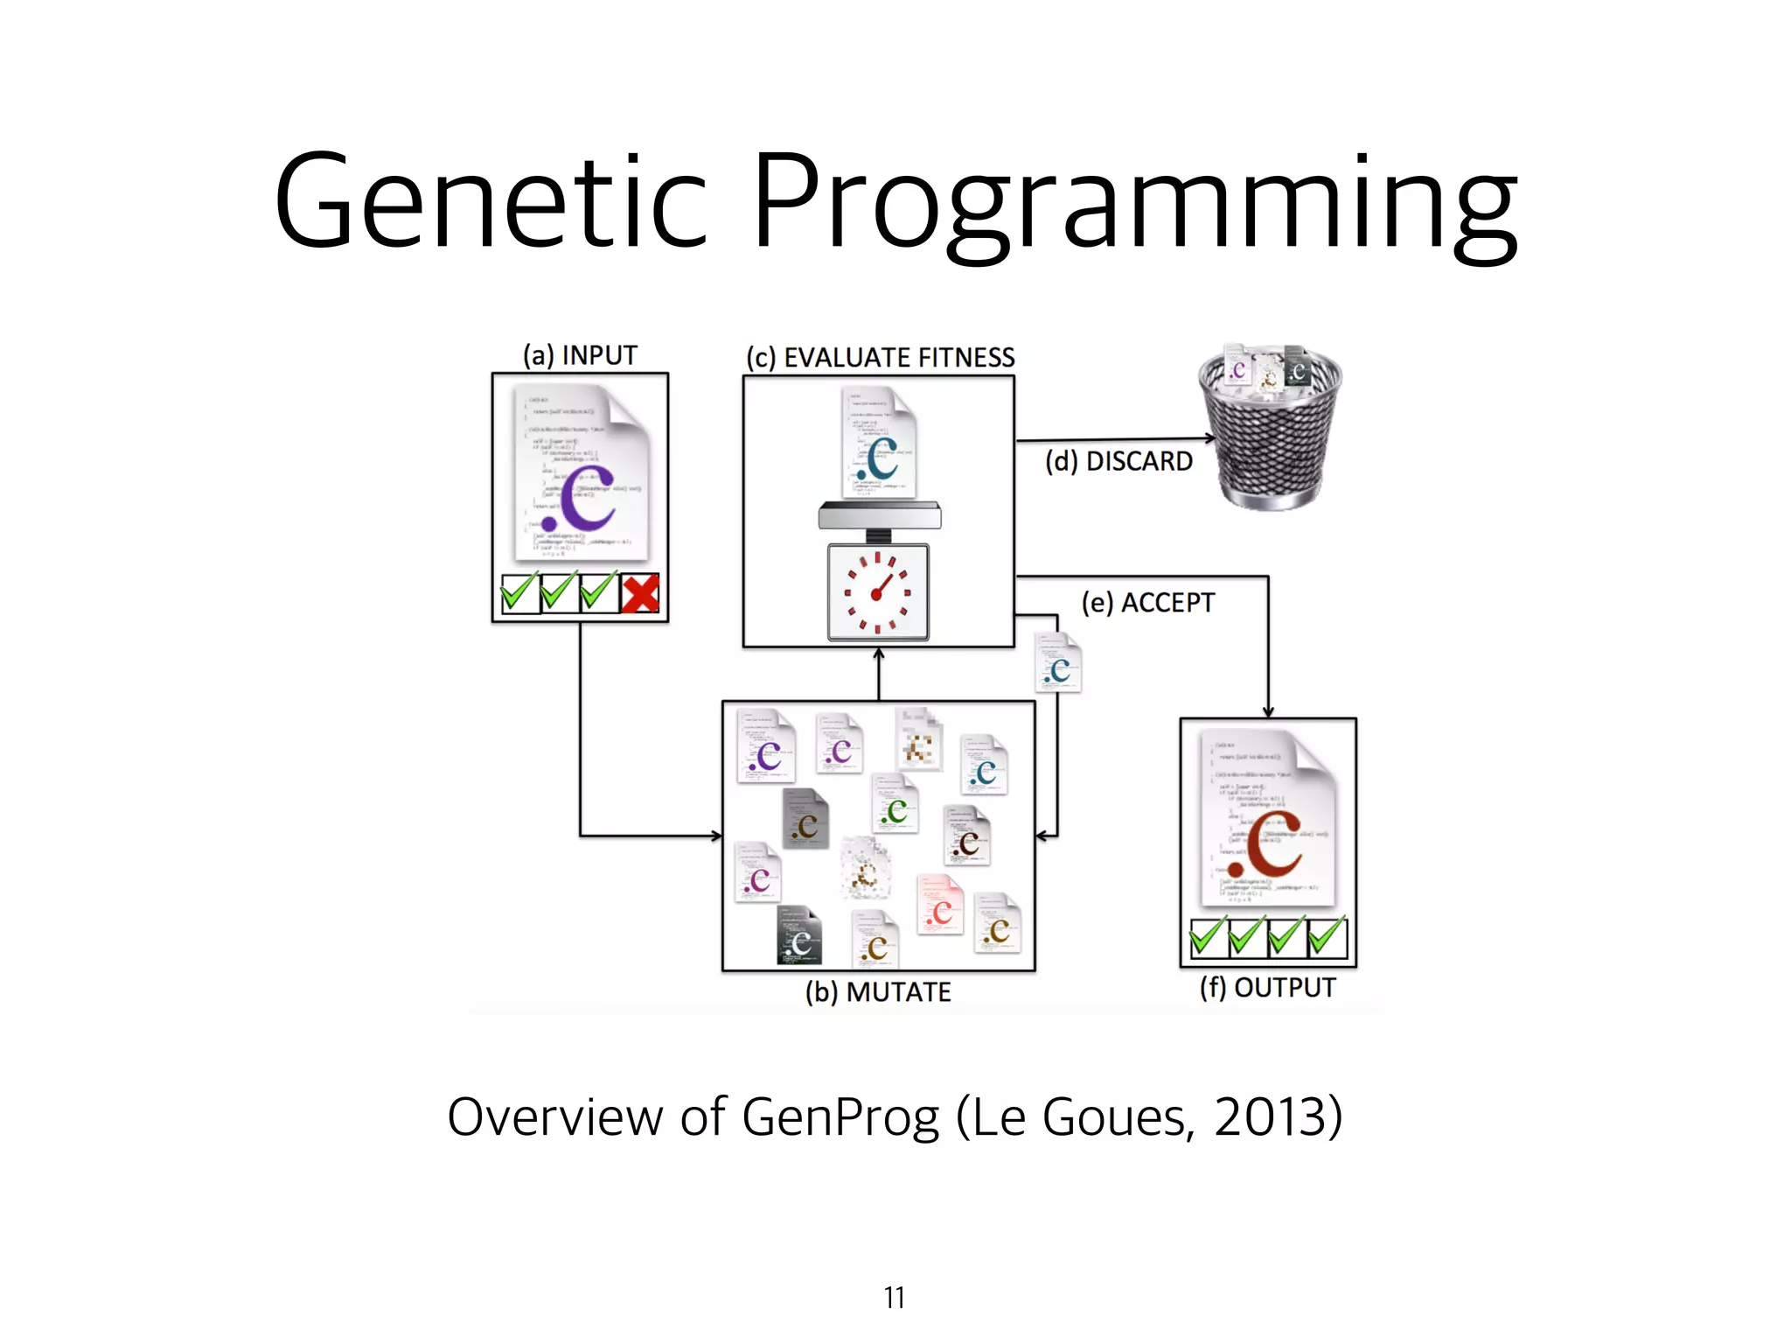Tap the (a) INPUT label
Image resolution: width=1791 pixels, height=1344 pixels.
(x=580, y=355)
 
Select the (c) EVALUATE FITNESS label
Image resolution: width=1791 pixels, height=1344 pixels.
(x=880, y=358)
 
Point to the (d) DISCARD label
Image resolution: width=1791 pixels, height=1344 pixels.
(x=1119, y=461)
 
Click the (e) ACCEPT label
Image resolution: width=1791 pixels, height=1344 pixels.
(x=1147, y=603)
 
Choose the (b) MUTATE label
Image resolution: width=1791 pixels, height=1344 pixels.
(x=878, y=992)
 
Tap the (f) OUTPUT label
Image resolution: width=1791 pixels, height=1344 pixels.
(x=1267, y=988)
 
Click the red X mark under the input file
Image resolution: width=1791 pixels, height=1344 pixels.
(x=640, y=593)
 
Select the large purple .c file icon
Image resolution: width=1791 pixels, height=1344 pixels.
(x=582, y=477)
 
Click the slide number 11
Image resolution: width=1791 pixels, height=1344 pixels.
(x=894, y=1298)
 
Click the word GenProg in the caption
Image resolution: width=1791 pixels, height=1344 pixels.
(x=840, y=1117)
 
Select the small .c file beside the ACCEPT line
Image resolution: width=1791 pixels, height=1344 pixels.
(x=1059, y=663)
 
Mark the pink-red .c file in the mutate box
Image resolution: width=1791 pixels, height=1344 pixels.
(x=940, y=906)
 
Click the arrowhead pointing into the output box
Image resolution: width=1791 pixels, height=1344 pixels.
(x=1268, y=711)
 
